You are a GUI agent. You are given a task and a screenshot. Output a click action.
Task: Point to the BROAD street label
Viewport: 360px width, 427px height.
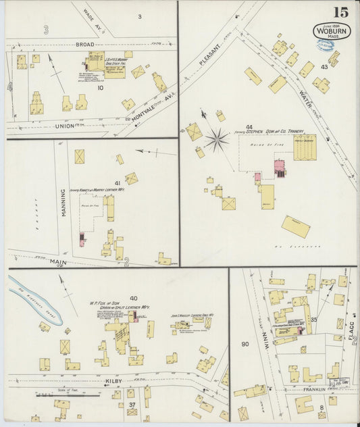pyautogui.click(x=84, y=44)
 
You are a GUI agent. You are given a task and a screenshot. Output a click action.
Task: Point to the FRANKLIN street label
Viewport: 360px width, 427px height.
pyautogui.click(x=313, y=390)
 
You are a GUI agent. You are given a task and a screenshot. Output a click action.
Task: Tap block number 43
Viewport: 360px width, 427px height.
pyautogui.click(x=324, y=67)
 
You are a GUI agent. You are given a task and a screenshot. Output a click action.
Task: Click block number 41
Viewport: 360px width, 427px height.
pyautogui.click(x=118, y=183)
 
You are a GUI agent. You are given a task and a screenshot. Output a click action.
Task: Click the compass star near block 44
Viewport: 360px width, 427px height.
pyautogui.click(x=217, y=141)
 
